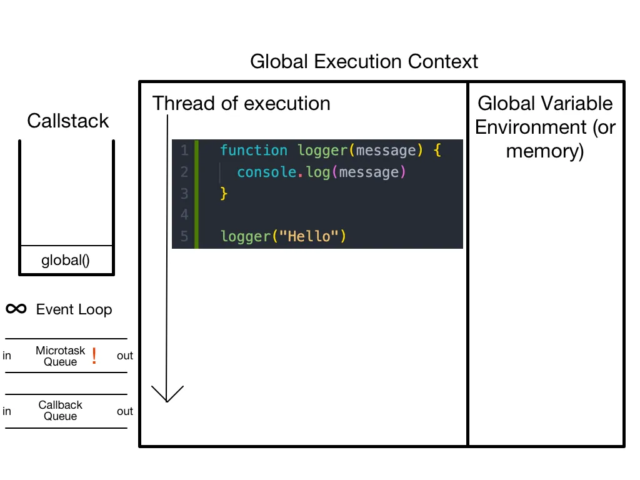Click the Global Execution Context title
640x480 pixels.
click(x=364, y=62)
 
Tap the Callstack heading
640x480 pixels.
click(x=67, y=121)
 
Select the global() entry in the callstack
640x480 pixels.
click(x=66, y=260)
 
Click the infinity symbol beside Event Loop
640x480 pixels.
click(x=16, y=309)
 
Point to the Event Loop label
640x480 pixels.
click(x=74, y=309)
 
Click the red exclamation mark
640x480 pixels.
click(x=94, y=356)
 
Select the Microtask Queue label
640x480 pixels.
click(x=60, y=356)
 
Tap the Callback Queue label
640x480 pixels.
click(x=60, y=411)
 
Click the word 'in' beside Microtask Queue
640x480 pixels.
click(x=7, y=356)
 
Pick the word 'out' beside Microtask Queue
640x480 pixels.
click(x=125, y=356)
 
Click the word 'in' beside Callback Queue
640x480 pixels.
click(x=7, y=411)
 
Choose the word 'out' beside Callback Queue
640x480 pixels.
click(x=125, y=411)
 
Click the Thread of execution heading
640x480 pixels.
click(x=241, y=103)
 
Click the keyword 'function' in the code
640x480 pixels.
click(x=254, y=151)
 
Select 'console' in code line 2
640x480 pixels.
click(x=266, y=172)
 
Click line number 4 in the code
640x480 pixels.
click(x=184, y=215)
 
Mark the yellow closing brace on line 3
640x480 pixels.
click(x=224, y=194)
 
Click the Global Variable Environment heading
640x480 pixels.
click(x=545, y=127)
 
